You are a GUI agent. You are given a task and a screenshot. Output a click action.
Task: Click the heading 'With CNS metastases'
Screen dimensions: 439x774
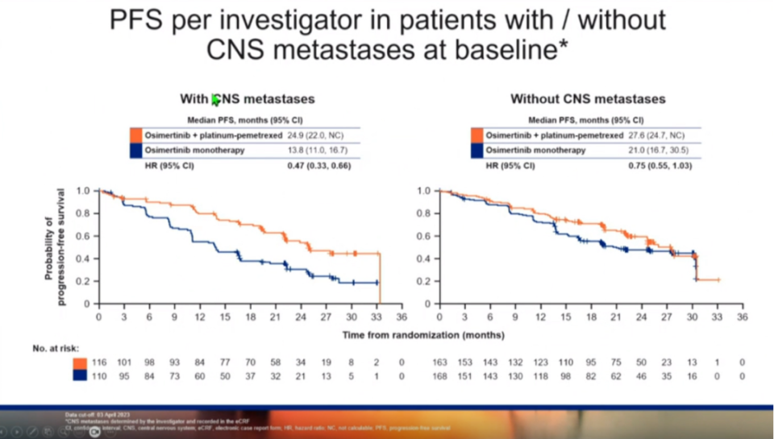click(247, 99)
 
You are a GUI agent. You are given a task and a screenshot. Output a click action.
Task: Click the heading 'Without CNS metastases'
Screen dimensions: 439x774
click(588, 99)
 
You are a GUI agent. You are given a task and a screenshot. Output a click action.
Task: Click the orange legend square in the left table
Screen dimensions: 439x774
click(136, 135)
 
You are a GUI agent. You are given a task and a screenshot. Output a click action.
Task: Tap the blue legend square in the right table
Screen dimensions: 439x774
click(478, 150)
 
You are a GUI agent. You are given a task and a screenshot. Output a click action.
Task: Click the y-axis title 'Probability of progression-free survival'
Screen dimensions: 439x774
click(54, 247)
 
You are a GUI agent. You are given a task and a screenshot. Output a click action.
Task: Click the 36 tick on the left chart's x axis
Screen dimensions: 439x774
click(402, 317)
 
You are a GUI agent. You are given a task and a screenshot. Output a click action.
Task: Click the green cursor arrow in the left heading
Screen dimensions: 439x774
click(215, 100)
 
